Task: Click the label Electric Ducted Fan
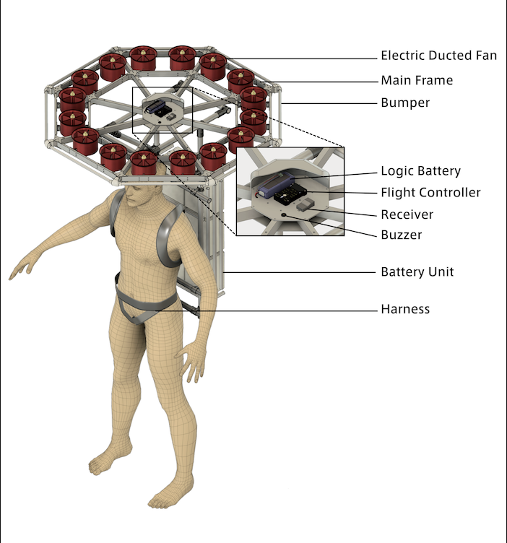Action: (x=439, y=56)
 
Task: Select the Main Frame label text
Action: (x=417, y=80)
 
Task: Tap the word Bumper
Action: (x=405, y=103)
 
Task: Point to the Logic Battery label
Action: (x=421, y=170)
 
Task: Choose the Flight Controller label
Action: (x=431, y=193)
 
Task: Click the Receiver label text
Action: (x=407, y=214)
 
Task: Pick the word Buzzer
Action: (x=402, y=235)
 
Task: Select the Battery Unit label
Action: (x=417, y=271)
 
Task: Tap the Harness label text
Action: (x=405, y=309)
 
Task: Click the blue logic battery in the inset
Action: (x=276, y=186)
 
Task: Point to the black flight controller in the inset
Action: (x=290, y=195)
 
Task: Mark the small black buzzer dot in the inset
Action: (x=284, y=215)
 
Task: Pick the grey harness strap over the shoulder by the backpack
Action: (x=169, y=235)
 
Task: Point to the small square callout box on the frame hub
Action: (x=162, y=110)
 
